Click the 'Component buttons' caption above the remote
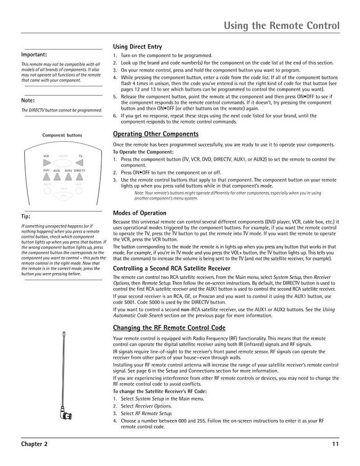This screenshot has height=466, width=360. point(62,135)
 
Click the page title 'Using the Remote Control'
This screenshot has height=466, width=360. point(282,25)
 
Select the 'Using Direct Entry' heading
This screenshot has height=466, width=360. point(137,47)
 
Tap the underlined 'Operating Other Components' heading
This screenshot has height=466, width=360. point(155,134)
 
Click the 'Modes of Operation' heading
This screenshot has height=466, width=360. point(139,213)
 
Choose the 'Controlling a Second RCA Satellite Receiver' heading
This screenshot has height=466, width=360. point(168,269)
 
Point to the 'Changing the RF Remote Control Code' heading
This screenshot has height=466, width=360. point(169,327)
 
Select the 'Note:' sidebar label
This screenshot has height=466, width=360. point(28,100)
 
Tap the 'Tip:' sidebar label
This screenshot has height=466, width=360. point(26,216)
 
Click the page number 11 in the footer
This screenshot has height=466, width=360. point(335,444)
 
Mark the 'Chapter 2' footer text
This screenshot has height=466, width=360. point(34,444)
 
